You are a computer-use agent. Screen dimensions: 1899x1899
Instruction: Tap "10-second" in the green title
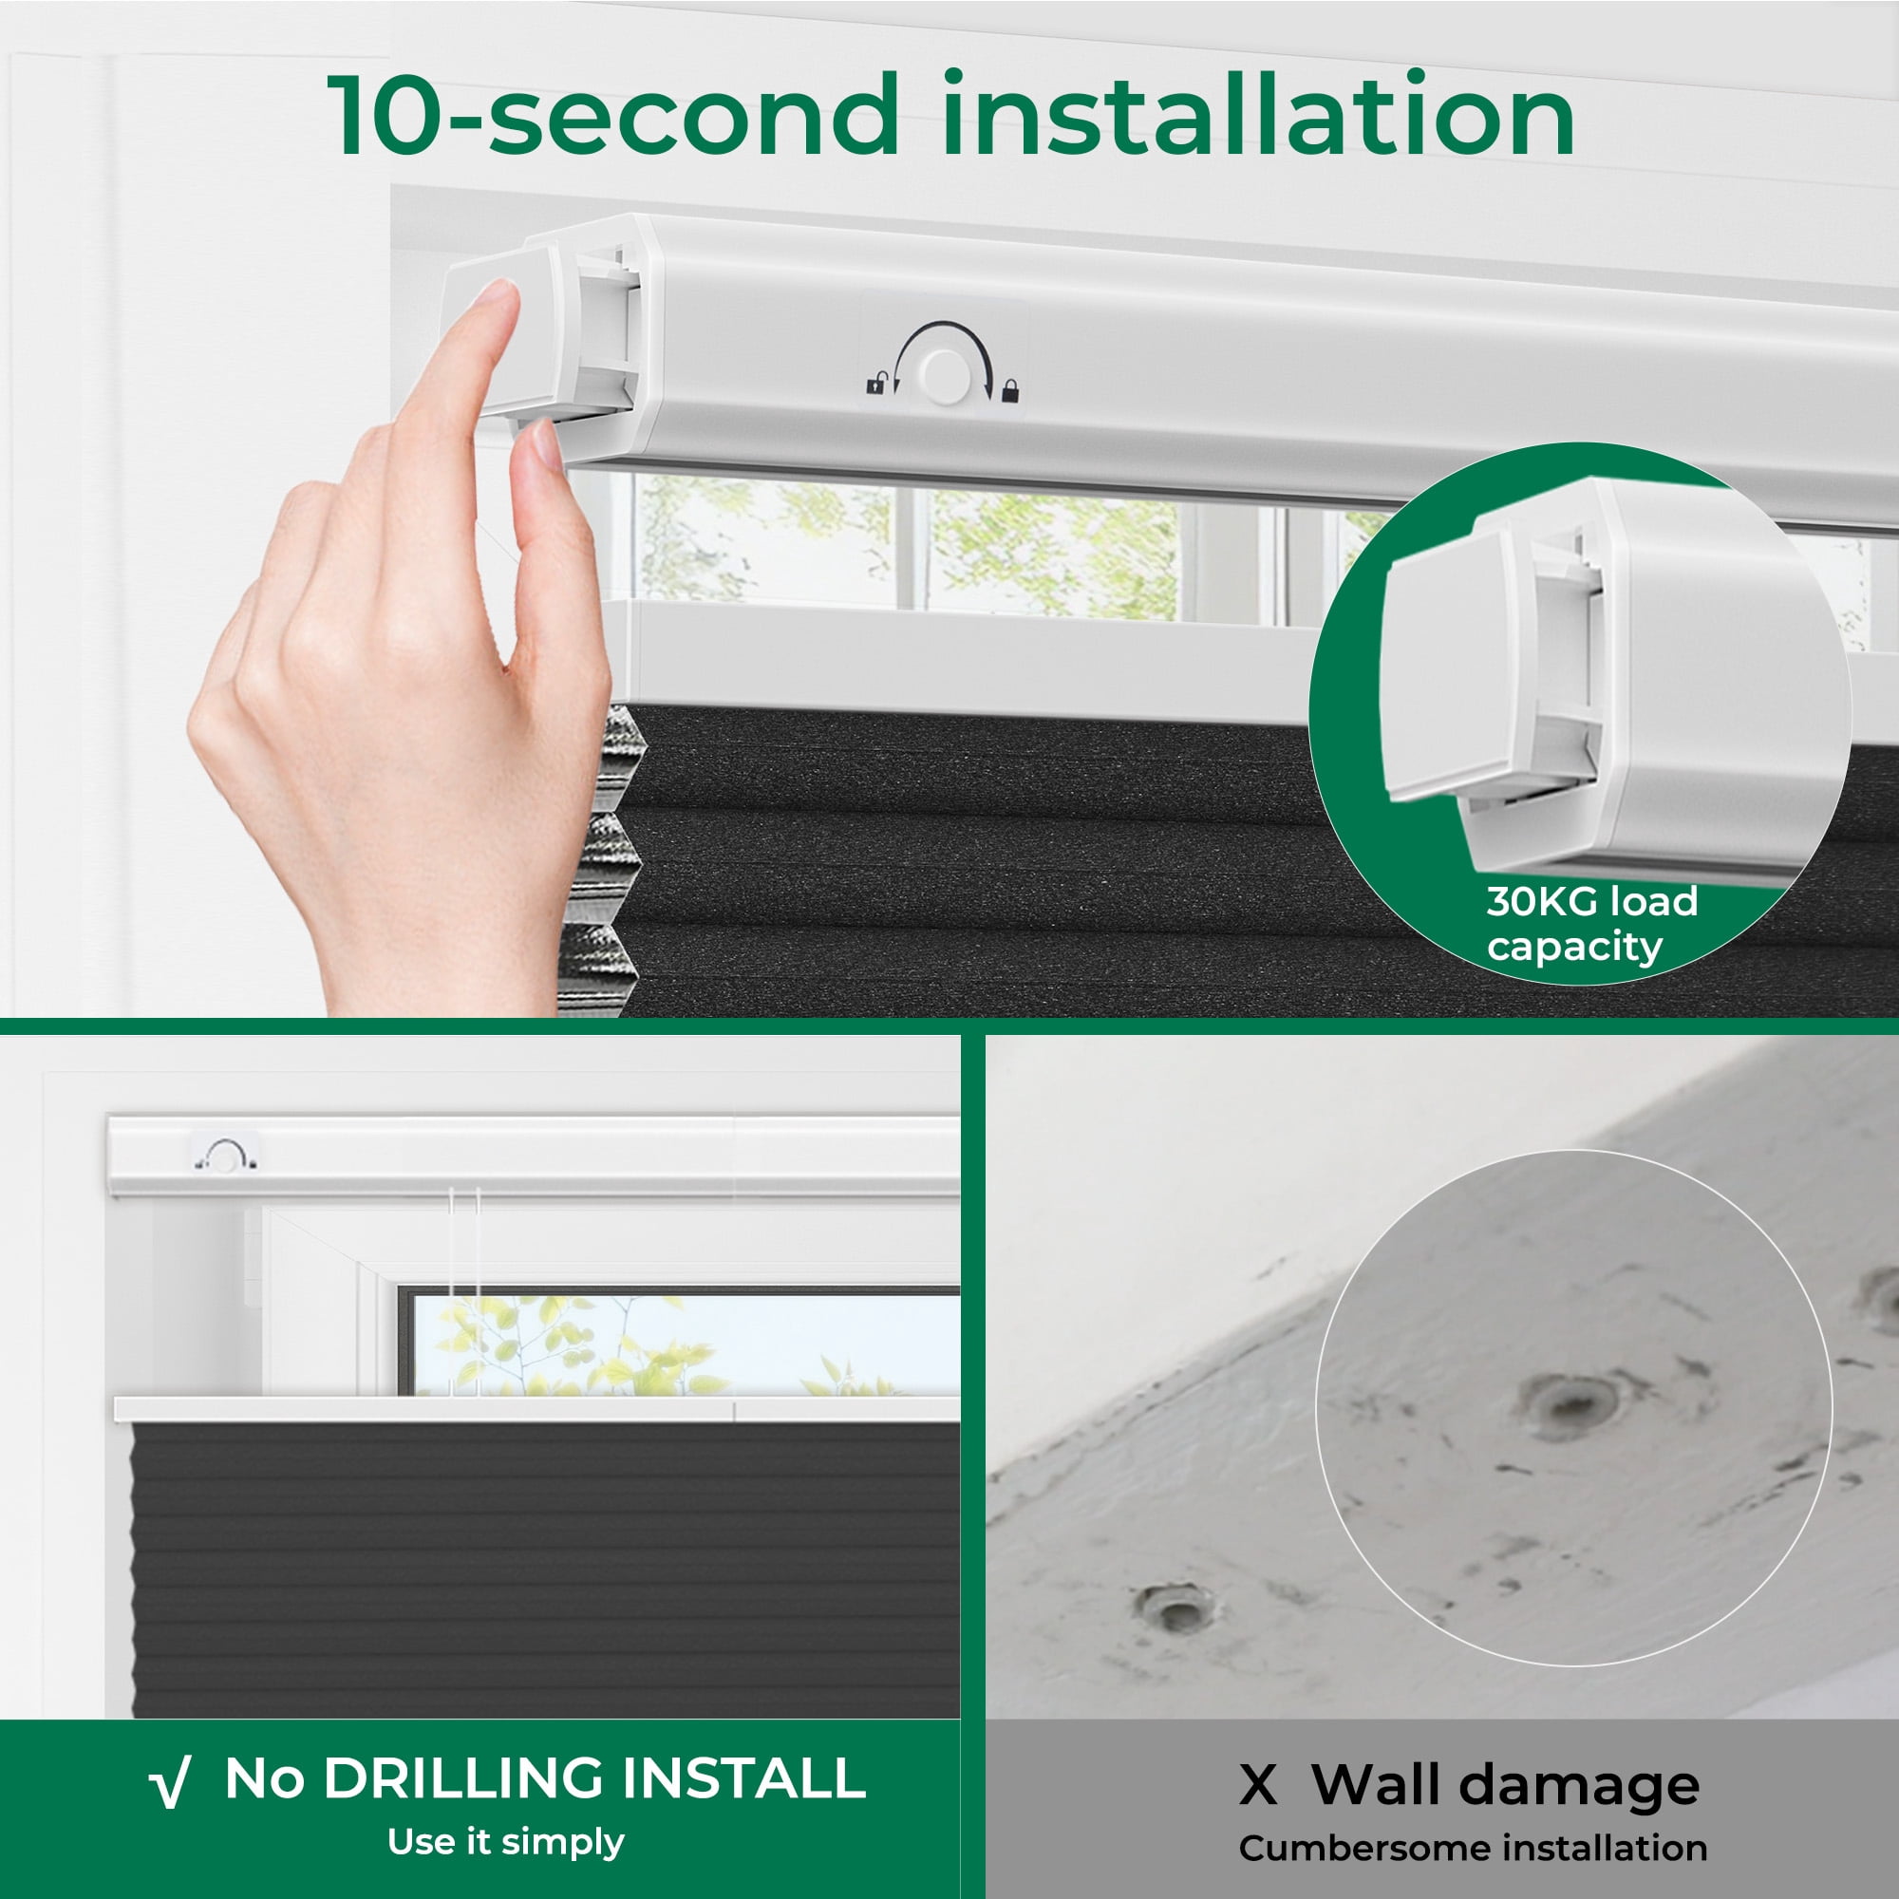(613, 115)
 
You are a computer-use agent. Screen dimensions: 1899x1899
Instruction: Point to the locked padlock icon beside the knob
(1009, 392)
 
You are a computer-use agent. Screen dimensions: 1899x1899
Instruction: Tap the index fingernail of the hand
(496, 292)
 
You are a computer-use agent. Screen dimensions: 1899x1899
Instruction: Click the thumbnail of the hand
(547, 444)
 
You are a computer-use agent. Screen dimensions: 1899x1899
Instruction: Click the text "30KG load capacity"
(1591, 924)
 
